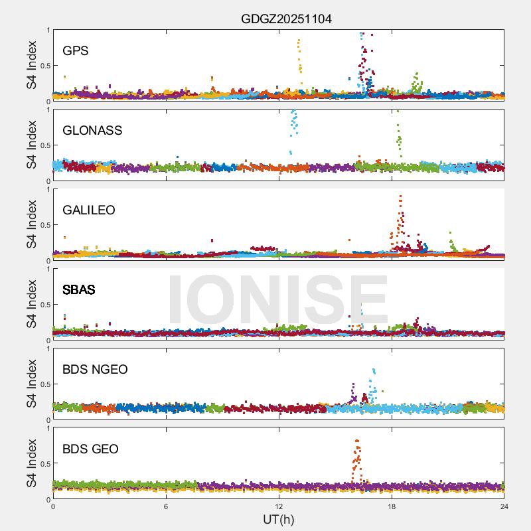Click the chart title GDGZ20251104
(286, 19)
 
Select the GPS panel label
(75, 50)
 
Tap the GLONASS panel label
(92, 130)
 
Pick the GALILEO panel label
(89, 210)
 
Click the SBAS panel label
(78, 289)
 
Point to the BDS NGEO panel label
(95, 369)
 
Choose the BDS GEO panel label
(90, 449)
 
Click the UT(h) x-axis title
(278, 519)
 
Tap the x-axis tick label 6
(166, 507)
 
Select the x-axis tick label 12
(279, 507)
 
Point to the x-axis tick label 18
(392, 507)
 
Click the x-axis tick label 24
(504, 507)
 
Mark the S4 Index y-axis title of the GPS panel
(31, 65)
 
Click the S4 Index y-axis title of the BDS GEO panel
(31, 463)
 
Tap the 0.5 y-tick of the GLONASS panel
(43, 145)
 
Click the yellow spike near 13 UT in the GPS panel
(299, 53)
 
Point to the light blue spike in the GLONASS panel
(293, 123)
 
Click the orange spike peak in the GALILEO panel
(400, 197)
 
